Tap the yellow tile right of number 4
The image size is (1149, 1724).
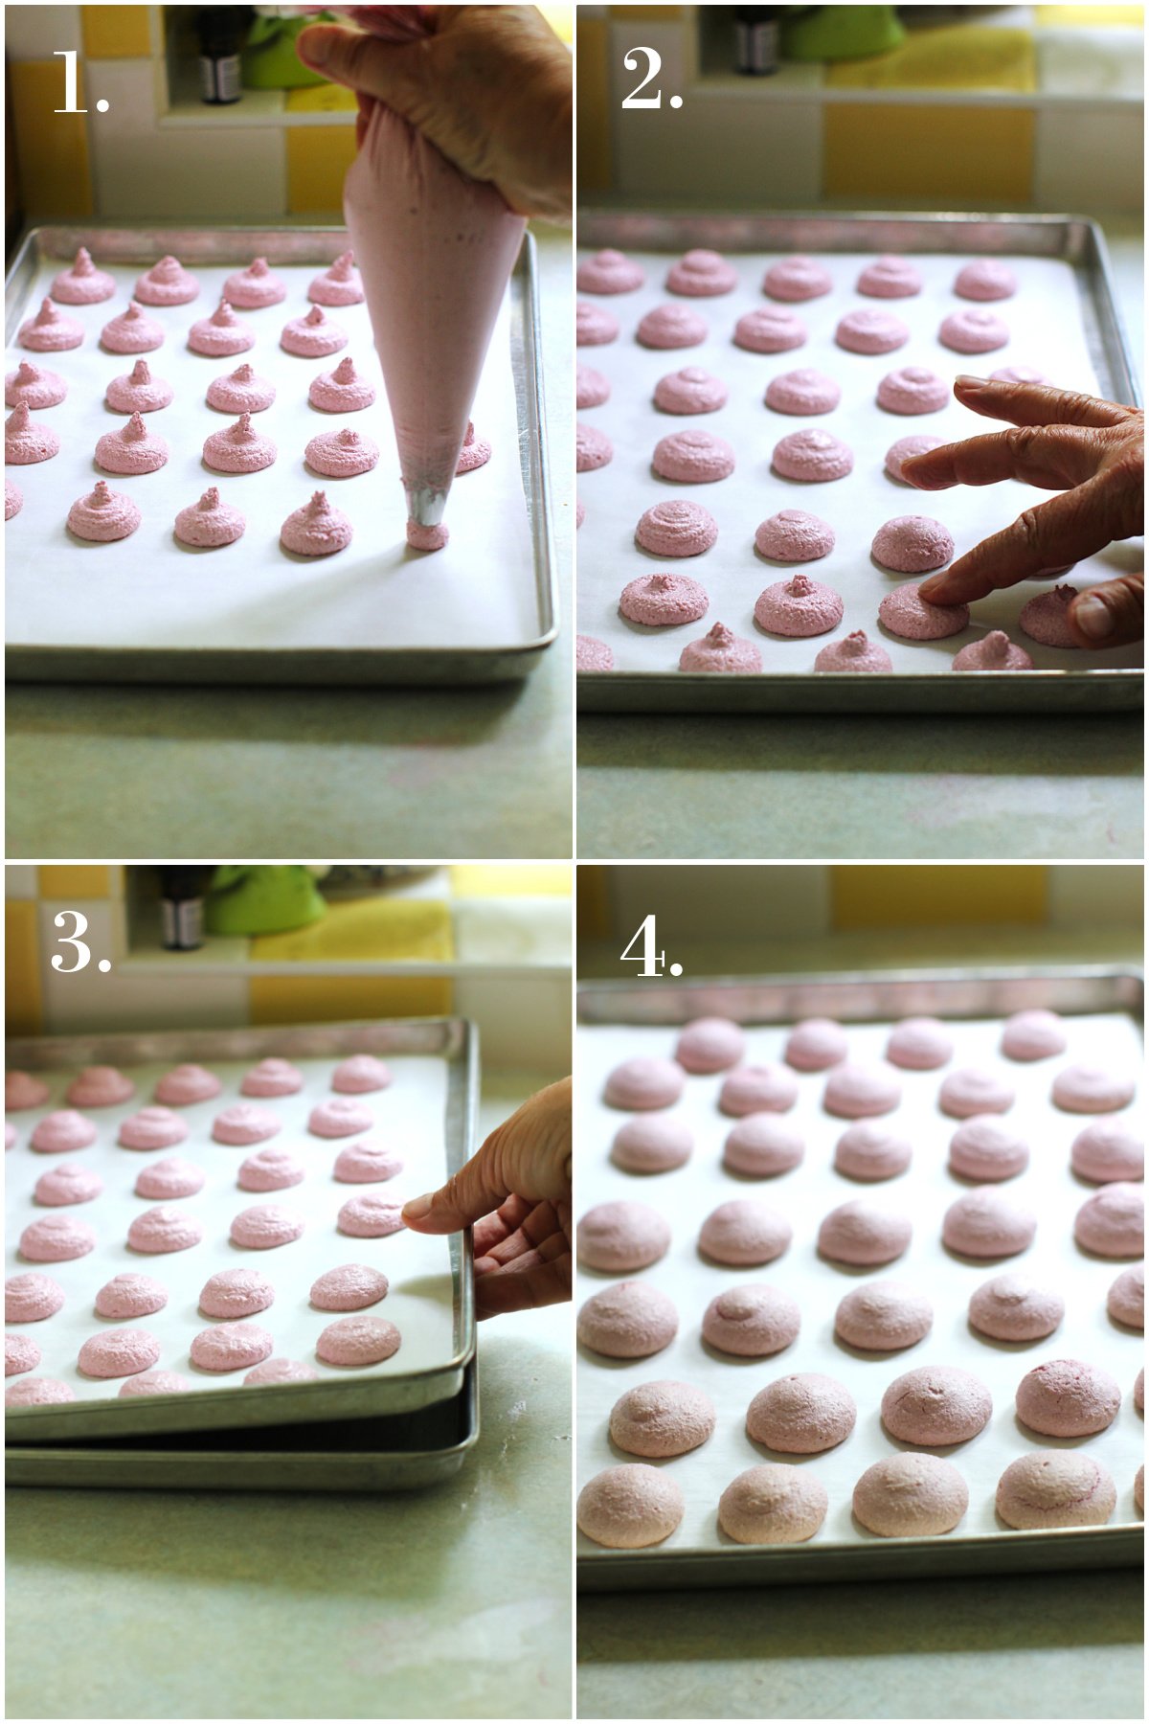click(x=938, y=896)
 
